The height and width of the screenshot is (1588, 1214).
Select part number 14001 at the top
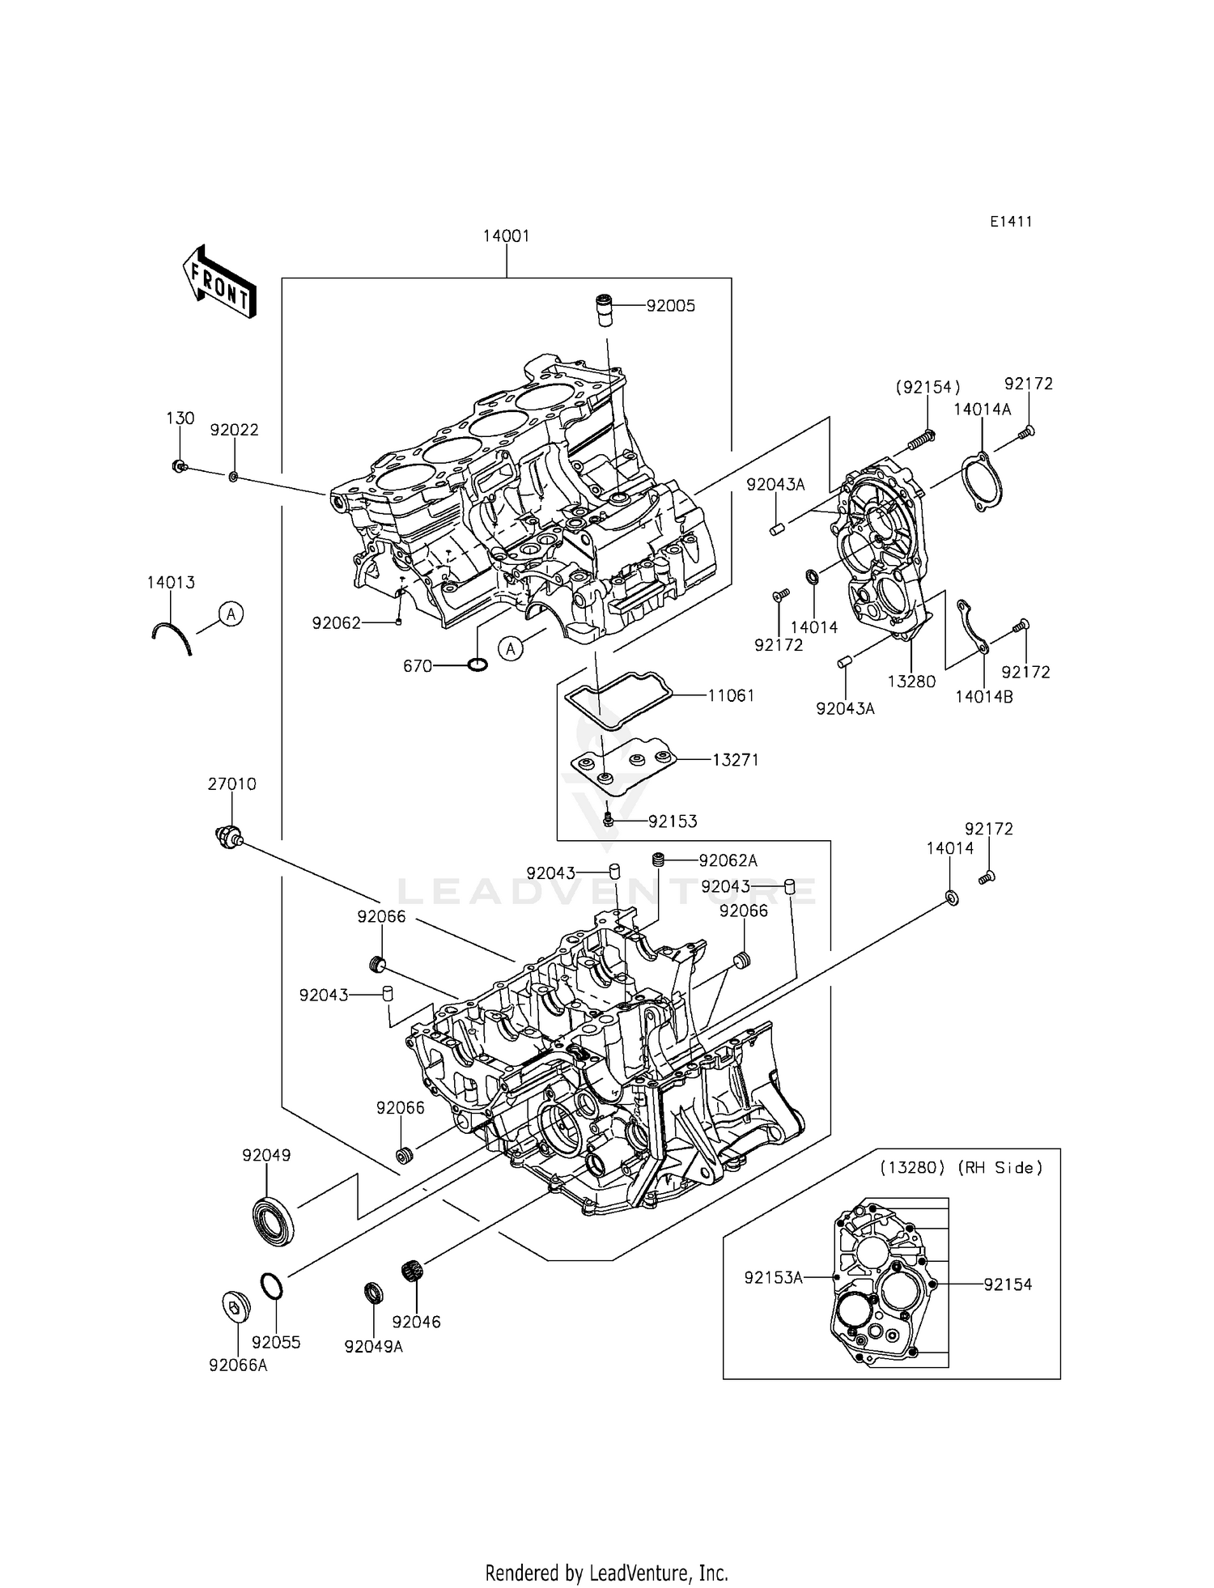(506, 236)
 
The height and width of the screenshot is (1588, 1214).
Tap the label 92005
(670, 306)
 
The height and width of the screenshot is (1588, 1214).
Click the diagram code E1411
(1011, 222)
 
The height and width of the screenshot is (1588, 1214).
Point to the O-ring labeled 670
(477, 665)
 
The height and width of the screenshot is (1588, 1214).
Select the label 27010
(231, 784)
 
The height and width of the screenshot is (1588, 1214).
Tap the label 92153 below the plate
(672, 822)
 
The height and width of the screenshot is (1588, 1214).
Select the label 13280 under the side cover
(911, 681)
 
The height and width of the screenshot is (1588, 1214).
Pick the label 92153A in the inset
(773, 1278)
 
